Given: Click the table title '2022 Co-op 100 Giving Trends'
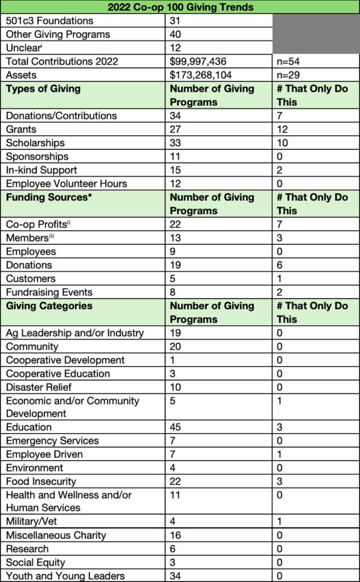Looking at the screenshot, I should pos(180,7).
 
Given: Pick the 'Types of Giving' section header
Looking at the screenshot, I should pos(43,89).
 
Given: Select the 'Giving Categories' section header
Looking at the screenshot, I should pos(49,306).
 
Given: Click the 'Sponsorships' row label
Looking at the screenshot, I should pos(37,156).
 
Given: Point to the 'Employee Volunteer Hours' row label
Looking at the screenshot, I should pos(67,184).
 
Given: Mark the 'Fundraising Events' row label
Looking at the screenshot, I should pos(49,292).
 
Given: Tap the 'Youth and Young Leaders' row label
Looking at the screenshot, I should pos(65,576).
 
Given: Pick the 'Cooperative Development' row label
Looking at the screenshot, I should pos(65,360).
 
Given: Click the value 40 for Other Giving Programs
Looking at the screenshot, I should pos(176,35).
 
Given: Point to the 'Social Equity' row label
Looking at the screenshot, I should pos(35,562).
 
